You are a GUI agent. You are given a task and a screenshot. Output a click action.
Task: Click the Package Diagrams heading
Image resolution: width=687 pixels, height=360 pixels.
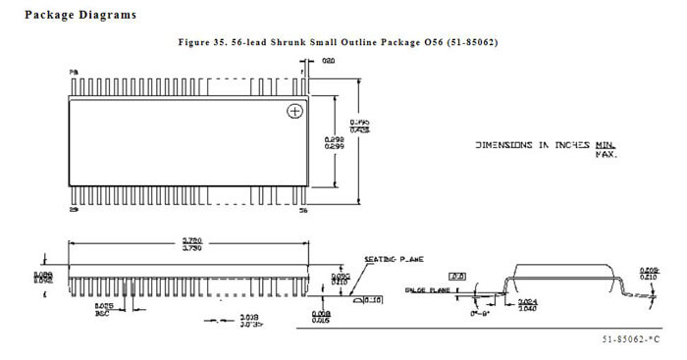[x=79, y=15]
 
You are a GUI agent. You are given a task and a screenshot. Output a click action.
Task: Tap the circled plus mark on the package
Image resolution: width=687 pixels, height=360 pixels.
[x=292, y=112]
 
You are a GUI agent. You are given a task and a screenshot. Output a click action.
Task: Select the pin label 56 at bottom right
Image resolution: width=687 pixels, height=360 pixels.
[x=301, y=210]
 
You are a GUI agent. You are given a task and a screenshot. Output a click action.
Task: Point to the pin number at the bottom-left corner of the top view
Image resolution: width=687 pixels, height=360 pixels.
[x=73, y=210]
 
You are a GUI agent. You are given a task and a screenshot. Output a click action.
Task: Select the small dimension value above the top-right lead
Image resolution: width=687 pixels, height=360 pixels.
[x=330, y=61]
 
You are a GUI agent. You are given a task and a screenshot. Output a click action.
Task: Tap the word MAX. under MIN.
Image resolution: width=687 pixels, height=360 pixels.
[x=606, y=154]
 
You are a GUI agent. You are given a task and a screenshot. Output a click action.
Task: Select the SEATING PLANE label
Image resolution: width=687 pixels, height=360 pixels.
[x=394, y=260]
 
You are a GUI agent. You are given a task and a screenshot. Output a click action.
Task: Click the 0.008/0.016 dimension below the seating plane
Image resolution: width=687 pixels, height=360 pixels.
[x=320, y=317]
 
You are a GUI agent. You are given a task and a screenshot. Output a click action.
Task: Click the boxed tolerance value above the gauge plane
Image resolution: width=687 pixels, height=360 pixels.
[x=457, y=277]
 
